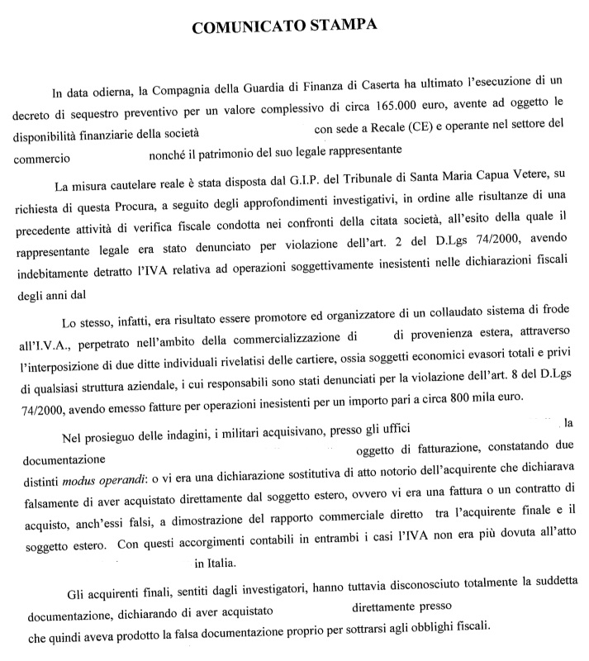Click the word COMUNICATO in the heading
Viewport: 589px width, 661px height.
(x=243, y=26)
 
